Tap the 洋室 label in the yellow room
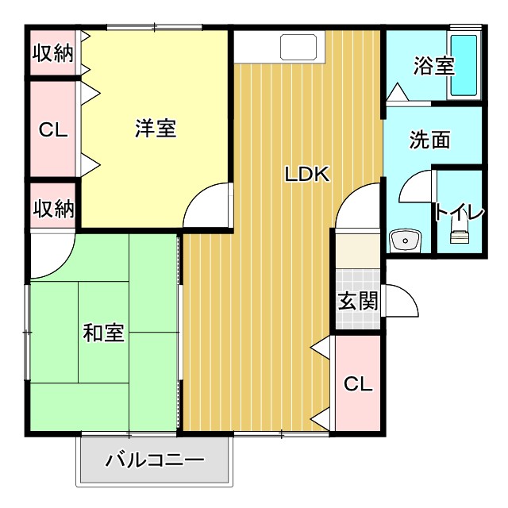tap(155, 129)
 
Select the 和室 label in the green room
tap(103, 333)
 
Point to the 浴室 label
tap(433, 66)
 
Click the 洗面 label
tap(429, 140)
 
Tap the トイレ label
tap(459, 213)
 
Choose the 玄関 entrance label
tap(357, 302)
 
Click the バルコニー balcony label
tap(155, 460)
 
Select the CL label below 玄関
tap(358, 384)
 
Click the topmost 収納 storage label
tap(53, 53)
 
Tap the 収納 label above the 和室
tap(53, 209)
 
